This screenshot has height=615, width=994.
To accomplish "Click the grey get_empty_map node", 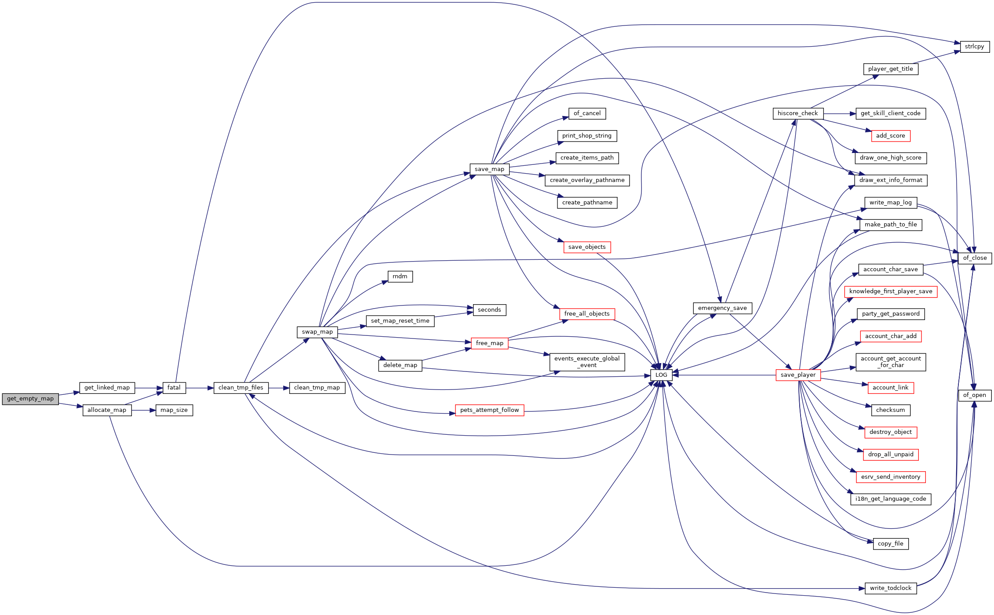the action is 30,399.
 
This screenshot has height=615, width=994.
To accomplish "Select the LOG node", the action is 661,375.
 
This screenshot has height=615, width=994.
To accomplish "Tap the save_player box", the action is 798,375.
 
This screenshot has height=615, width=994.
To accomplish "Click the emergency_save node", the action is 722,308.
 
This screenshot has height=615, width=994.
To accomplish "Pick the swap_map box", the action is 317,332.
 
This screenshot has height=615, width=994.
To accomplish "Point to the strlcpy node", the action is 975,47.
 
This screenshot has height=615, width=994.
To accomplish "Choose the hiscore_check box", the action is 798,113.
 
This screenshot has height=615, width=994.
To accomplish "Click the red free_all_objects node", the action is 587,314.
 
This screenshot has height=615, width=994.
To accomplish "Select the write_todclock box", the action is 891,588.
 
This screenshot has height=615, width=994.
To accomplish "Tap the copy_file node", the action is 891,544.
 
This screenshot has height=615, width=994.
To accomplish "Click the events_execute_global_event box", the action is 587,362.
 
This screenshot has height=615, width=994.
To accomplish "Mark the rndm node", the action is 400,277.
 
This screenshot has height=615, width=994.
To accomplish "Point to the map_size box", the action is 174,410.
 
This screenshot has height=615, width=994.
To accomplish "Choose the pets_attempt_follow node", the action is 489,410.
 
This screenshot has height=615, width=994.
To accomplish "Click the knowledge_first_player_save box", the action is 891,291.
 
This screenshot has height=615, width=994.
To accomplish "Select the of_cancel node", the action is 587,113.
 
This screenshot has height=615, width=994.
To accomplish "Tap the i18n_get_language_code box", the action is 891,499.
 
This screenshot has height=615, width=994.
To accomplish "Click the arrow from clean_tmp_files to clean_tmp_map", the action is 279,388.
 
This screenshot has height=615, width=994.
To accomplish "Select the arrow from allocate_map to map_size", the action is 144,410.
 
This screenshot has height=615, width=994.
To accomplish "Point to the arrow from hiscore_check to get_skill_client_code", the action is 840,113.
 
